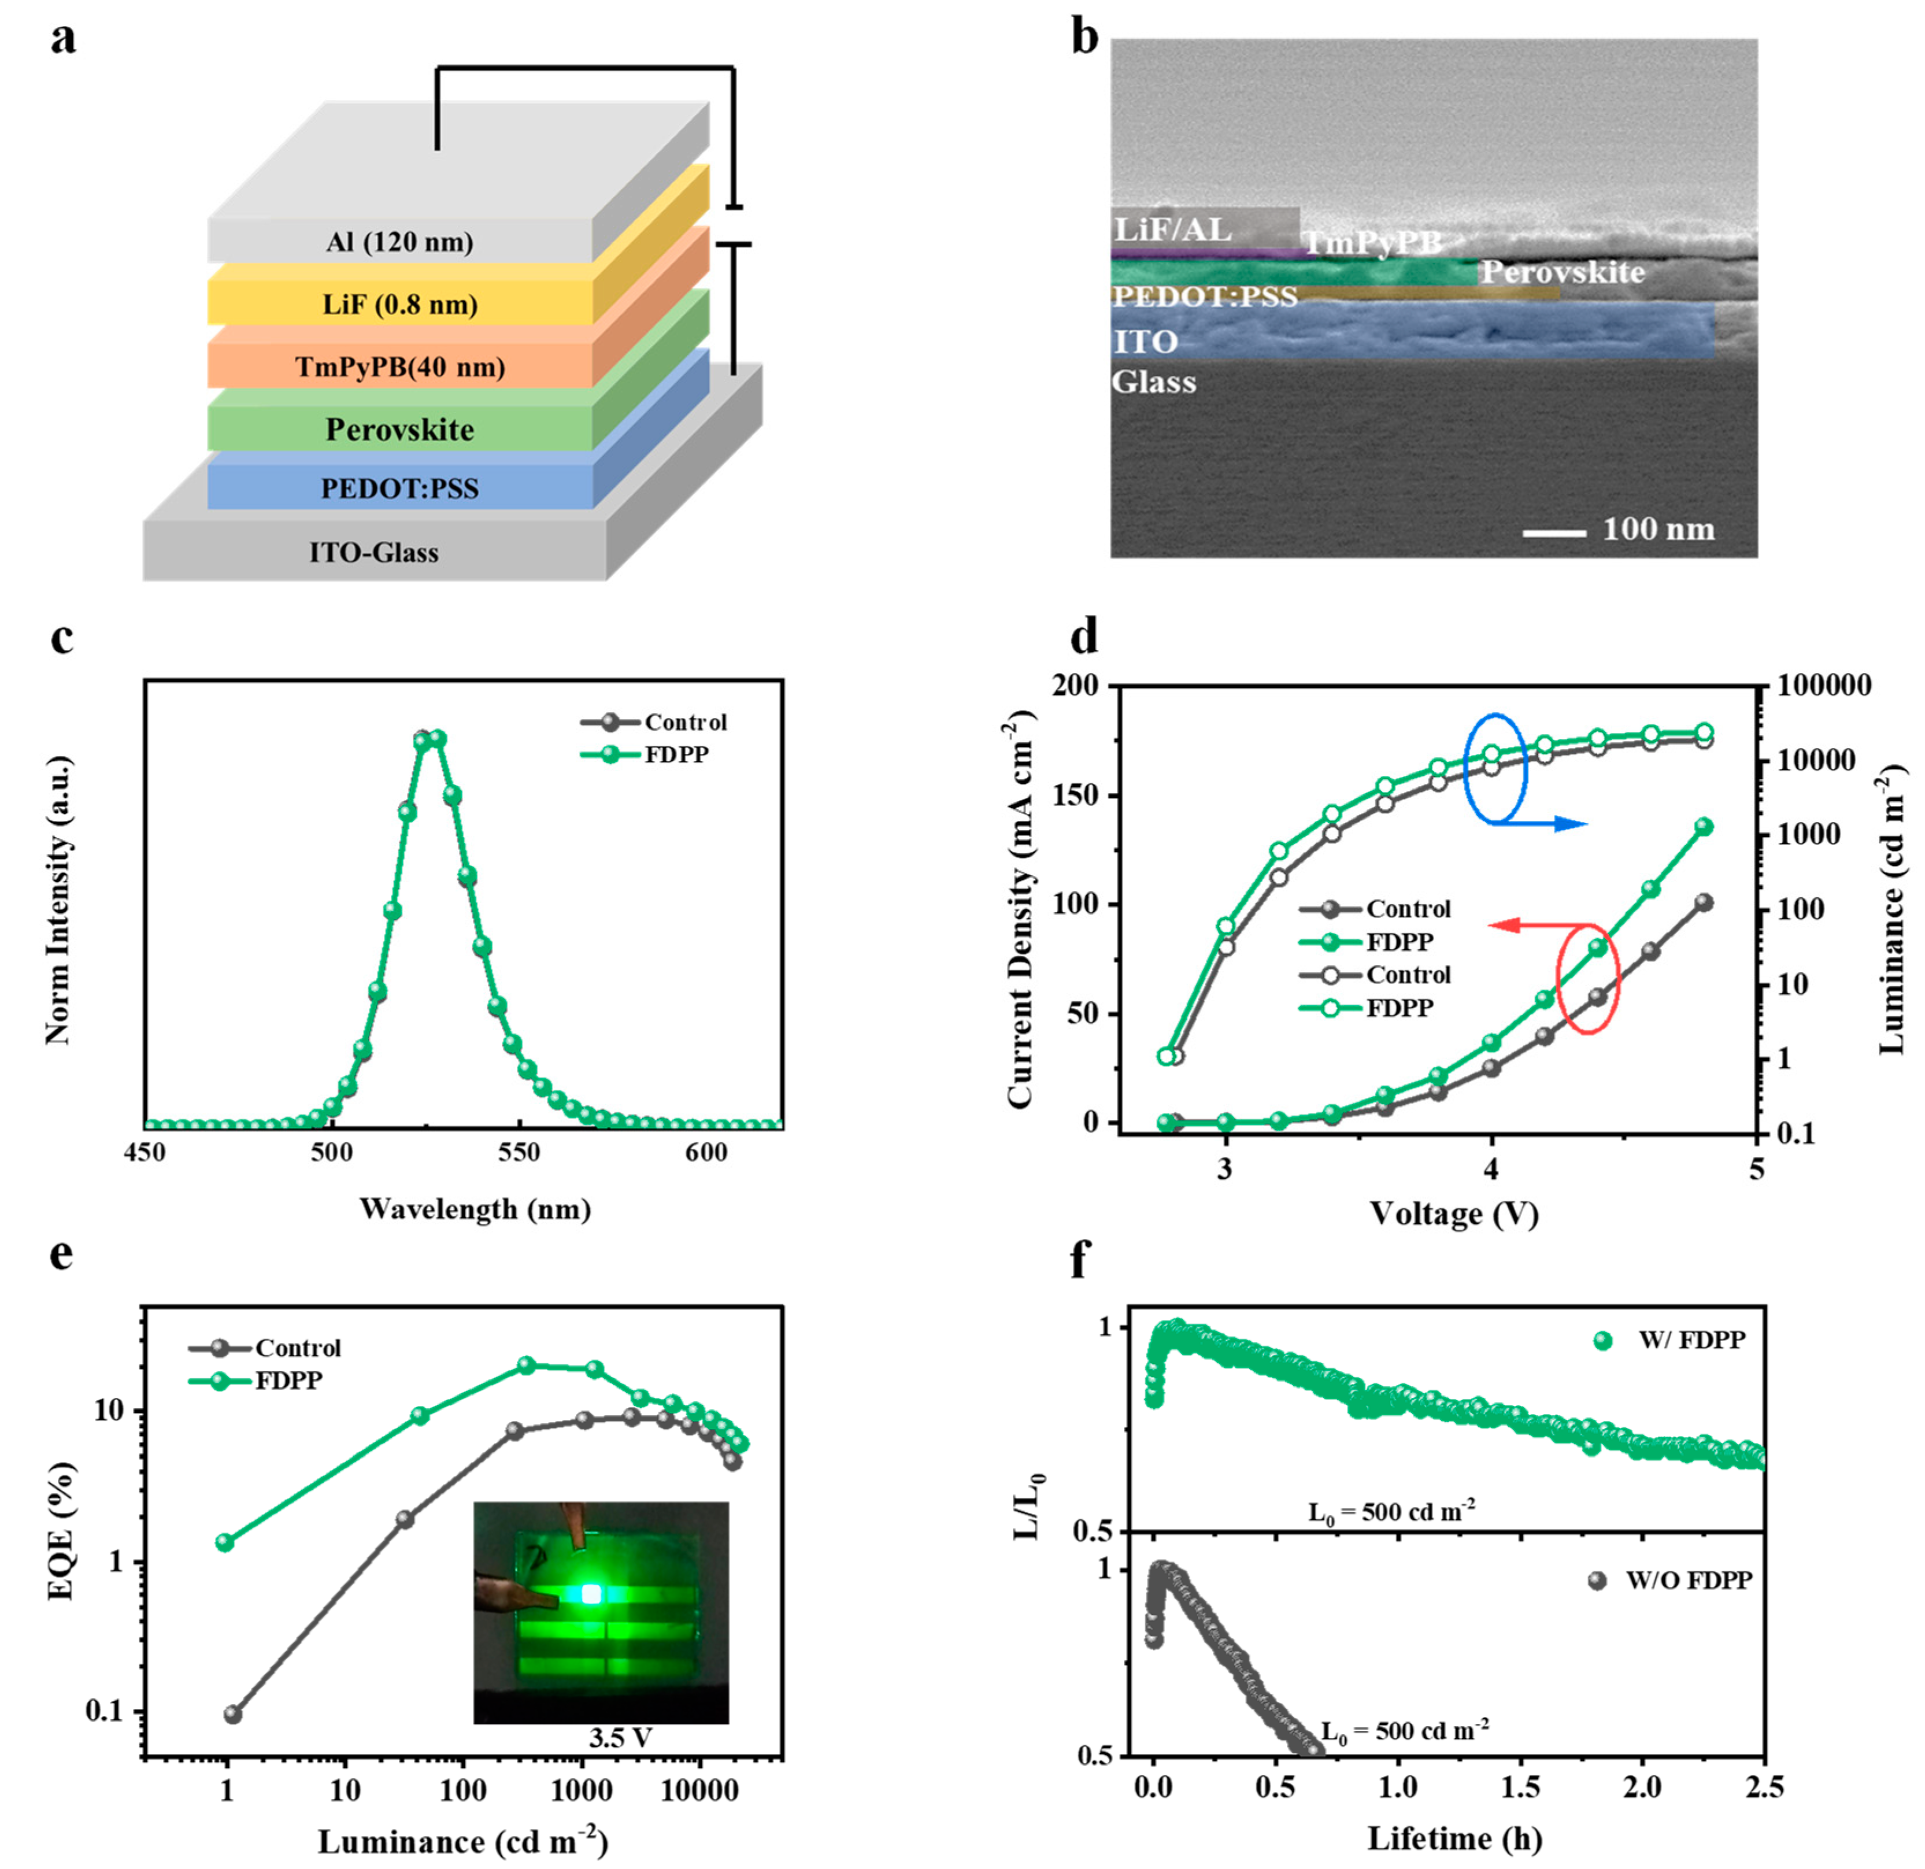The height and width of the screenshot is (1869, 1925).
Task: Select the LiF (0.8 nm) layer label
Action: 399,305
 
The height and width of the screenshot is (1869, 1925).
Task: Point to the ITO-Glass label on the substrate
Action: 374,553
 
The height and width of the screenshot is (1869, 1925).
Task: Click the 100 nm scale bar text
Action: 1659,530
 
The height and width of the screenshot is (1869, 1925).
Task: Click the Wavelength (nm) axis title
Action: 475,1209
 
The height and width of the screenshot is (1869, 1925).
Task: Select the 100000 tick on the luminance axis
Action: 1825,686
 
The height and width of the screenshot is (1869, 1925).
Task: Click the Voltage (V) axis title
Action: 1453,1215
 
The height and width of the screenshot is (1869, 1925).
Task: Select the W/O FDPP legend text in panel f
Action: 1689,1581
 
